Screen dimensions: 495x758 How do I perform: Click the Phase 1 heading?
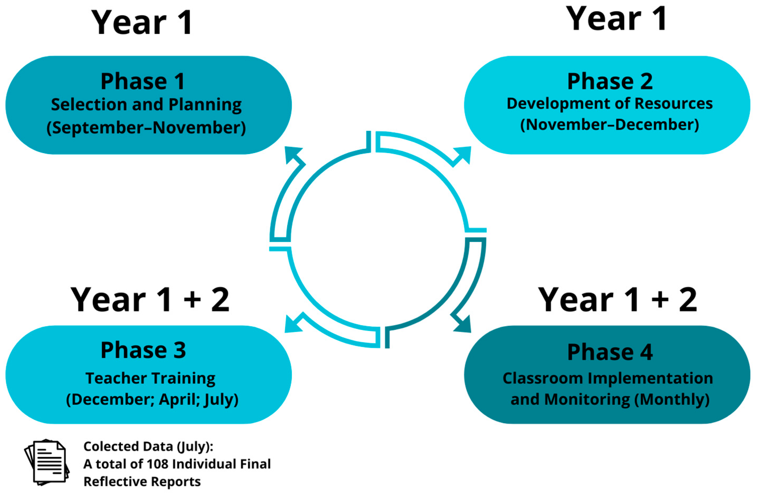click(143, 81)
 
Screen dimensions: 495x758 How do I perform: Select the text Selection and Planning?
click(146, 105)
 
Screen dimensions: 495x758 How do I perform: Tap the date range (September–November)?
click(146, 128)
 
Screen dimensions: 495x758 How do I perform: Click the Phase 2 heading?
click(610, 81)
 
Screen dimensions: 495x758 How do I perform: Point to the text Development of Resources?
click(609, 104)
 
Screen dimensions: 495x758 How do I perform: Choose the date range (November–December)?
click(609, 125)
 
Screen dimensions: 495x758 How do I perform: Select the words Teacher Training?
click(150, 378)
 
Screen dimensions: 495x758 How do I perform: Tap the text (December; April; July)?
click(152, 400)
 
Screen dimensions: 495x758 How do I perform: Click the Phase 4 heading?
click(610, 352)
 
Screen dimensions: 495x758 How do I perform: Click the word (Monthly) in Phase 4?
click(672, 400)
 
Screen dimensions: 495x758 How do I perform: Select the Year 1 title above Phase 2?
click(616, 19)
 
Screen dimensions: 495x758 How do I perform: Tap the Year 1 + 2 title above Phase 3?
click(150, 300)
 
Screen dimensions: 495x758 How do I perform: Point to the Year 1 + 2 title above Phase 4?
click(617, 300)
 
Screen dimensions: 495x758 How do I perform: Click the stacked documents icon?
click(47, 462)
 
